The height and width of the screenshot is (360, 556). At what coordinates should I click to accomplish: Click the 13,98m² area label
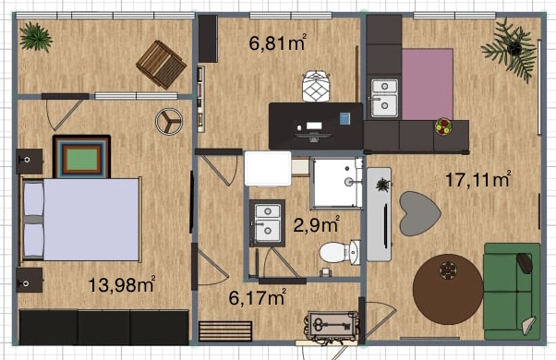tap(121, 284)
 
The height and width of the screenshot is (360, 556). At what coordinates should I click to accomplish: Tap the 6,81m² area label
tap(278, 42)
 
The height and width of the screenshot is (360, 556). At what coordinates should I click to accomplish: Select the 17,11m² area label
tap(478, 179)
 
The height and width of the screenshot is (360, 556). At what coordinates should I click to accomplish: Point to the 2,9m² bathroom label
tap(316, 224)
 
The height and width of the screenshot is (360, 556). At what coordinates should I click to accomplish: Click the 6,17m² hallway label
tap(257, 297)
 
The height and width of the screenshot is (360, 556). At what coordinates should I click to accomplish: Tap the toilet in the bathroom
tap(340, 253)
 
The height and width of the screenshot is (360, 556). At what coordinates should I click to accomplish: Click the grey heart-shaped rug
tap(420, 213)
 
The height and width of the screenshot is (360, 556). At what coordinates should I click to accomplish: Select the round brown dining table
tap(448, 289)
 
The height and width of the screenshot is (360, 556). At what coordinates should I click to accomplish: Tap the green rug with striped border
tap(82, 156)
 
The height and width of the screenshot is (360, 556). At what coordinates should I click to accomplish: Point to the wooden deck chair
tap(162, 64)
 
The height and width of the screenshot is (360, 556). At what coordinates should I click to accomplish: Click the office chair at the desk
tap(317, 86)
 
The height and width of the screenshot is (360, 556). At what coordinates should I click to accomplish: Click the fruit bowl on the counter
tap(443, 126)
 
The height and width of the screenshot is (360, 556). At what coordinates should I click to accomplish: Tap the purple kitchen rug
tap(428, 84)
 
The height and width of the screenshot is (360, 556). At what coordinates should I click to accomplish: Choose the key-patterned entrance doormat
tap(332, 325)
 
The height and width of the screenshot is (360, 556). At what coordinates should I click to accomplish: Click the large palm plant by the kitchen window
tap(510, 49)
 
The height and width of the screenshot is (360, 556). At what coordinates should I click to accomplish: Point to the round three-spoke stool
tap(169, 121)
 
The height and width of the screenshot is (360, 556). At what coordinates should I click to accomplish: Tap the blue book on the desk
tap(344, 119)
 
